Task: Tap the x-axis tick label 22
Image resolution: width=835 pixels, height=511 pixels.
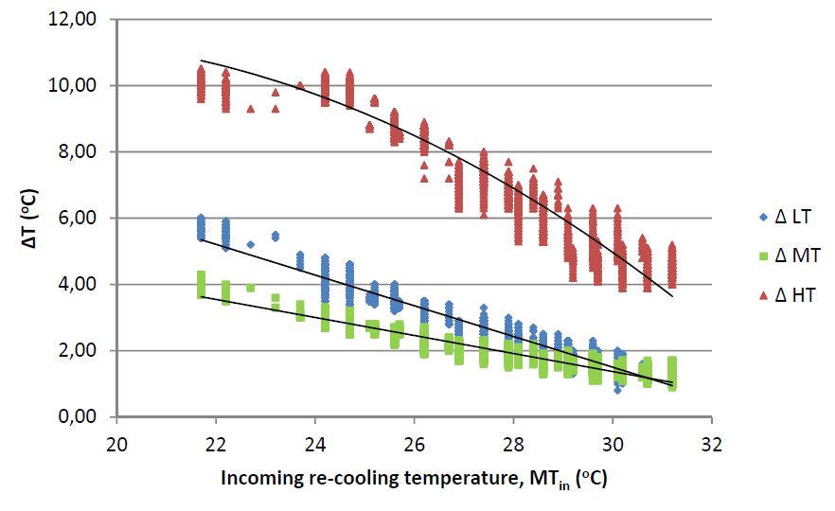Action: pyautogui.click(x=217, y=443)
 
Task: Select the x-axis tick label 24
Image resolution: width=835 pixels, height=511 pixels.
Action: pyautogui.click(x=316, y=443)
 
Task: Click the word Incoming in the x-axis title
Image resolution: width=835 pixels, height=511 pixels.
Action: pyautogui.click(x=259, y=478)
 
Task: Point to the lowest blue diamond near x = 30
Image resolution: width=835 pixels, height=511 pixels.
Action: pyautogui.click(x=617, y=390)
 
